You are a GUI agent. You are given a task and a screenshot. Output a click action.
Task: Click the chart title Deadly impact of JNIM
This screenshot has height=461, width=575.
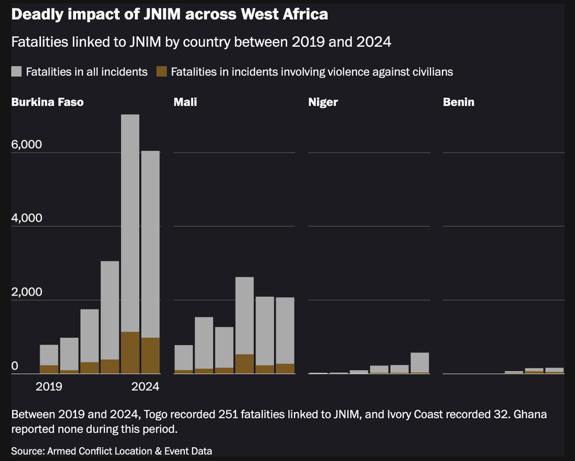(169, 14)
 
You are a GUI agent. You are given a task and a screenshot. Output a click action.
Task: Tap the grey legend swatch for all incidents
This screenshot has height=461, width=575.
(17, 71)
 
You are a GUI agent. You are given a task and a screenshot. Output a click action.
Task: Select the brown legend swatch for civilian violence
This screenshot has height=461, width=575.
(162, 71)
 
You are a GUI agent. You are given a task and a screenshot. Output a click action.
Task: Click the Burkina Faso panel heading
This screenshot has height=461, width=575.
(47, 103)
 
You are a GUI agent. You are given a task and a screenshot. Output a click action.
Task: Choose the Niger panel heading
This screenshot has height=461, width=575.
(323, 103)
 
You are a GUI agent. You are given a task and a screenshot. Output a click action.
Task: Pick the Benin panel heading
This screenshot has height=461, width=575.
(459, 103)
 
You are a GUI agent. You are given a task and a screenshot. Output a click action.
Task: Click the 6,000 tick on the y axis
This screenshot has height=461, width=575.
(27, 145)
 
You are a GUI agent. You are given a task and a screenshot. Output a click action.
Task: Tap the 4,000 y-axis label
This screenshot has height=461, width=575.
(27, 218)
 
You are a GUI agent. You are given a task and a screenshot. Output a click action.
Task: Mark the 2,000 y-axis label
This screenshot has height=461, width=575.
(27, 292)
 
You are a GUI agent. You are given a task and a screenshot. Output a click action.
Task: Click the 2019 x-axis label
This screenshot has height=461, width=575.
(49, 387)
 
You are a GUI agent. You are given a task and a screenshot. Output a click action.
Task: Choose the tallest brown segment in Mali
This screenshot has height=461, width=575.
(244, 364)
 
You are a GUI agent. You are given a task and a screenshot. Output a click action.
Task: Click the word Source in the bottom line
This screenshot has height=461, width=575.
(27, 450)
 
